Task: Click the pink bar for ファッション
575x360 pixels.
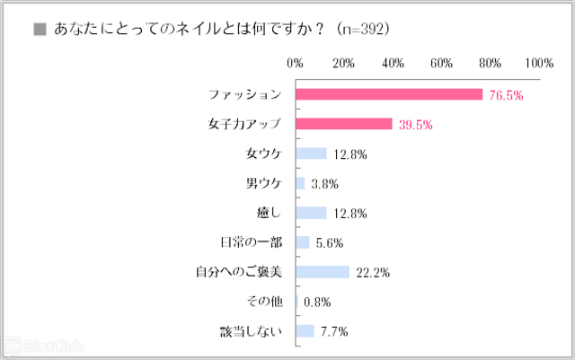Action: tap(389, 94)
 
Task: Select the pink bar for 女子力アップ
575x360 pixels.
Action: tap(343, 124)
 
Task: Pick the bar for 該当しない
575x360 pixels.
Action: tap(305, 331)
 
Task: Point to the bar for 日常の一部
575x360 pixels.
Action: tap(302, 242)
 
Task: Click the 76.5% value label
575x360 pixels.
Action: tap(507, 94)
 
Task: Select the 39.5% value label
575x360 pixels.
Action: tap(416, 124)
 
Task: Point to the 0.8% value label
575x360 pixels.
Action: tap(320, 302)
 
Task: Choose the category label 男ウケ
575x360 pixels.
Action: tap(263, 183)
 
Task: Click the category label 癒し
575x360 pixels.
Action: tap(269, 213)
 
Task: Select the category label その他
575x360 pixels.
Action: tap(263, 302)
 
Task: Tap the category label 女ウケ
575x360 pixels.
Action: tap(263, 154)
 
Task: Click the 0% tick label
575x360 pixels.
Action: tap(295, 63)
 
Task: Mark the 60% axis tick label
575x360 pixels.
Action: tap(441, 63)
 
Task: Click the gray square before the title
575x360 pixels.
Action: tap(39, 30)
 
